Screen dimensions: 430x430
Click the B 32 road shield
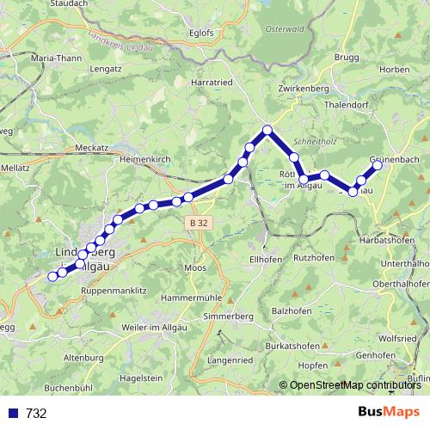[x=199, y=223]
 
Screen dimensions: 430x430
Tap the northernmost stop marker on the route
[x=267, y=130]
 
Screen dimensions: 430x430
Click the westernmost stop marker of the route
[x=52, y=276]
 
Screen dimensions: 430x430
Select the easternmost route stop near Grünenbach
[x=377, y=165]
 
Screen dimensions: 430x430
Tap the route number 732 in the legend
[x=36, y=414]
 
